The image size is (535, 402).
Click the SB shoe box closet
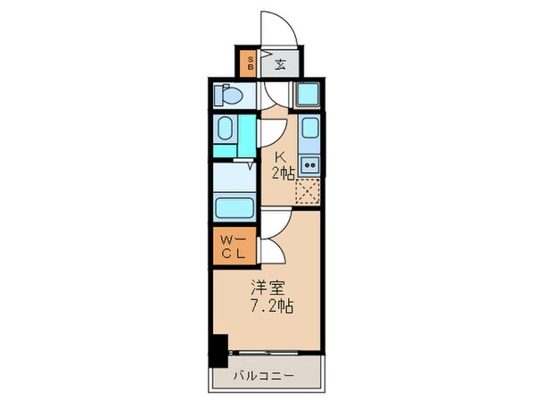251,63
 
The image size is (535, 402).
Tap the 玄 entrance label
279,63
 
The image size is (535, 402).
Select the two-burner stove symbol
309,164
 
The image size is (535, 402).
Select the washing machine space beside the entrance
309,95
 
